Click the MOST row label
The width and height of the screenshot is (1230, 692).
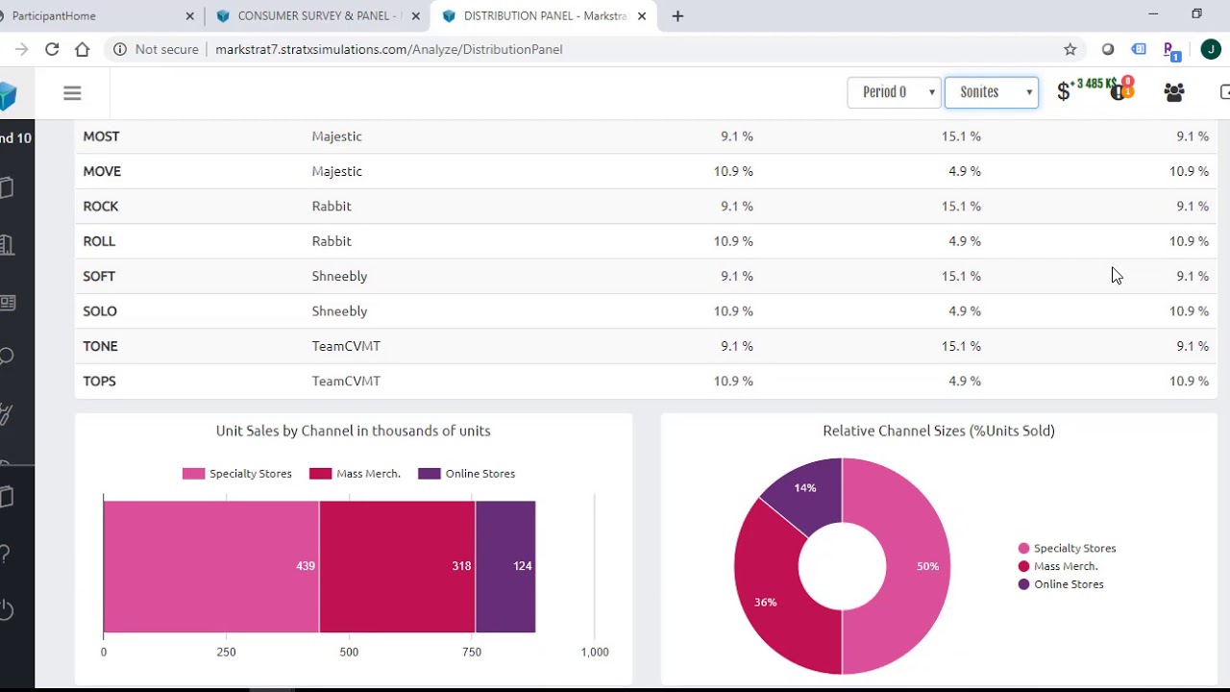pyautogui.click(x=101, y=136)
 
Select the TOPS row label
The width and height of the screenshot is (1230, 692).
pyautogui.click(x=99, y=382)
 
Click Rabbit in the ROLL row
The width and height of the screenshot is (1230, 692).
pyautogui.click(x=332, y=241)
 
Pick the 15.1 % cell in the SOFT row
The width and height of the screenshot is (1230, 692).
pyautogui.click(x=961, y=277)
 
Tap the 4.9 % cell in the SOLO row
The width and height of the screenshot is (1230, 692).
pyautogui.click(x=964, y=311)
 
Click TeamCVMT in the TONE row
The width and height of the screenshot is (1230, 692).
pyautogui.click(x=346, y=346)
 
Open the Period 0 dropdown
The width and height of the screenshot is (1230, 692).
pyautogui.click(x=894, y=92)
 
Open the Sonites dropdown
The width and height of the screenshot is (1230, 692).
pyautogui.click(x=992, y=92)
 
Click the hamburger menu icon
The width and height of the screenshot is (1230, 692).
pyautogui.click(x=72, y=93)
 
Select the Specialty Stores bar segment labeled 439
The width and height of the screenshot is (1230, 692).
pyautogui.click(x=211, y=566)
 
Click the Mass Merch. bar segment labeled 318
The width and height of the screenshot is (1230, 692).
pyautogui.click(x=397, y=566)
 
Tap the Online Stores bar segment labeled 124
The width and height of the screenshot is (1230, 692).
pyautogui.click(x=505, y=566)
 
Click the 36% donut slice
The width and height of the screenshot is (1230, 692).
pyautogui.click(x=766, y=596)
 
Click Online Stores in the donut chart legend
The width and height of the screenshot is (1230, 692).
pyautogui.click(x=1068, y=584)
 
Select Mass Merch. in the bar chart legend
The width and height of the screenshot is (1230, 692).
pyautogui.click(x=367, y=474)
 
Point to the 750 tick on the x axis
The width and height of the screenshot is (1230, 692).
pyautogui.click(x=472, y=652)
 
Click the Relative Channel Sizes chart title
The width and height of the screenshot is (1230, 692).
pyautogui.click(x=938, y=431)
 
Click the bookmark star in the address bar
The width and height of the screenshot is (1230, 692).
pyautogui.click(x=1070, y=49)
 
